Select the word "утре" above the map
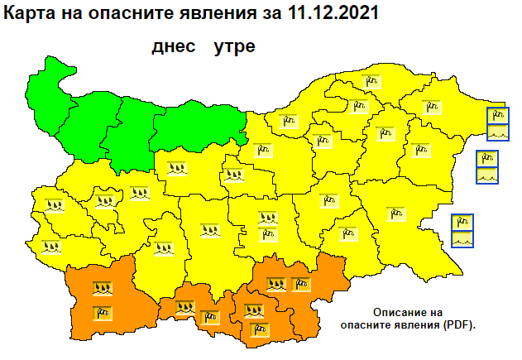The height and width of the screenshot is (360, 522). pos(234,46)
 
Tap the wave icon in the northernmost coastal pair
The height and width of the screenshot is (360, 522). pos(497,131)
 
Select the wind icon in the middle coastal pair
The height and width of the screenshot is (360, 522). pos(487,158)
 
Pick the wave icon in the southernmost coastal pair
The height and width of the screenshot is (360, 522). pos(462,238)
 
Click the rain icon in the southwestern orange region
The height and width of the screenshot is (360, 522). pos(103,290)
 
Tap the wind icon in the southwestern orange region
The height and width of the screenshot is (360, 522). pos(103,312)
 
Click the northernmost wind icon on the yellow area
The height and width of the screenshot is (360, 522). pos(370,80)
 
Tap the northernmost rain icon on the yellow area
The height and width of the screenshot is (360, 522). pos(176,168)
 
